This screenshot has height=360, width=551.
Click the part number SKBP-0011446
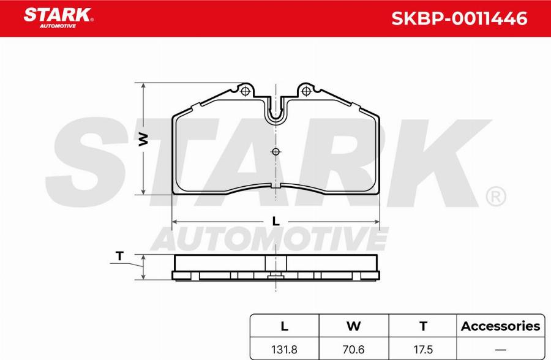coord(459,18)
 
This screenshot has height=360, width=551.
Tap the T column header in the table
coord(422,326)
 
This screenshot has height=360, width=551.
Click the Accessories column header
coord(500,326)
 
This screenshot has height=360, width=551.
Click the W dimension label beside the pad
coord(143,139)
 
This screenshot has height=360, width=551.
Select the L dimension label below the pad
coord(276,221)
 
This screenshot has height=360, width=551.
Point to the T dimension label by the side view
coord(119,257)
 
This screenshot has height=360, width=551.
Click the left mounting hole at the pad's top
coord(246,92)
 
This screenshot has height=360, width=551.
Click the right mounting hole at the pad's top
coord(305,92)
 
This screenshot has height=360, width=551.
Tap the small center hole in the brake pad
coord(275,152)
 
